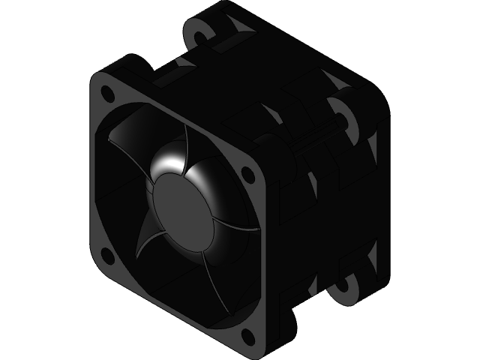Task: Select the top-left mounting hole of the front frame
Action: tap(107, 94)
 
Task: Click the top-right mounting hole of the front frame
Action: tap(247, 174)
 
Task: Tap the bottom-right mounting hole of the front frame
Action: tap(247, 331)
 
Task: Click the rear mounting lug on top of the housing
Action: tap(199, 33)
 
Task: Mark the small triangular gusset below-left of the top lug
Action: tap(184, 63)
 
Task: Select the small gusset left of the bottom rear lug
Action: tap(311, 288)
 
